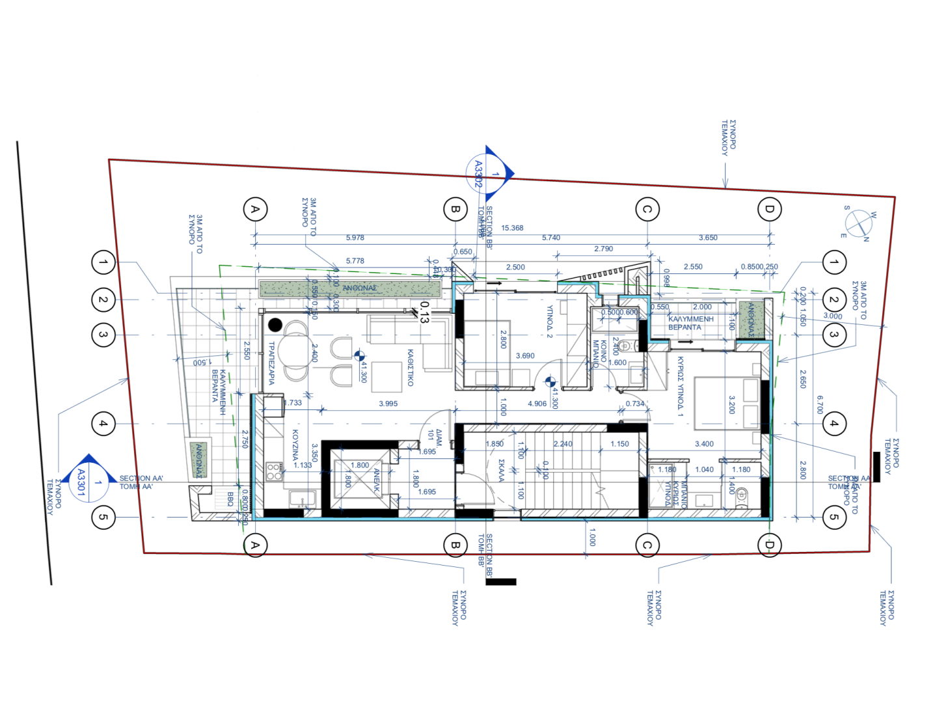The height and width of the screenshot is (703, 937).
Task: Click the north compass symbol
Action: tap(859, 223)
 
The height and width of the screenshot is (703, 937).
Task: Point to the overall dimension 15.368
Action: tap(512, 228)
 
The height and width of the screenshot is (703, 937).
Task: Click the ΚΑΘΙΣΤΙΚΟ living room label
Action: tap(411, 368)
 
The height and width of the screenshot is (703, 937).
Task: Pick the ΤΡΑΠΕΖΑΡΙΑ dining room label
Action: tap(271, 363)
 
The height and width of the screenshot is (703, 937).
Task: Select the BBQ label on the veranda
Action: tap(230, 499)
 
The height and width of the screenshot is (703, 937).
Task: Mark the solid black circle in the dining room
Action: tap(275, 324)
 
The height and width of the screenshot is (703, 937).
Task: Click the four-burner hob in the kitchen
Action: tap(274, 471)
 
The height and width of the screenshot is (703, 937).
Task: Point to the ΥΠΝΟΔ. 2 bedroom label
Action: tap(550, 322)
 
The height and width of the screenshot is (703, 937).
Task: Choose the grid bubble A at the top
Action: tap(255, 209)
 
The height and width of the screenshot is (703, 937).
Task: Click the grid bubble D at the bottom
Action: tap(770, 545)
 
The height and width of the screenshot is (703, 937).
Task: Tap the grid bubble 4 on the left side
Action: tap(103, 423)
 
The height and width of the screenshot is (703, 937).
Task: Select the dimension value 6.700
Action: tap(820, 405)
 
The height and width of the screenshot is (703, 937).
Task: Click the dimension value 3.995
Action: tap(388, 404)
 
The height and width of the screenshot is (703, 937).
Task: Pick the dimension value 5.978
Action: tap(355, 238)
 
